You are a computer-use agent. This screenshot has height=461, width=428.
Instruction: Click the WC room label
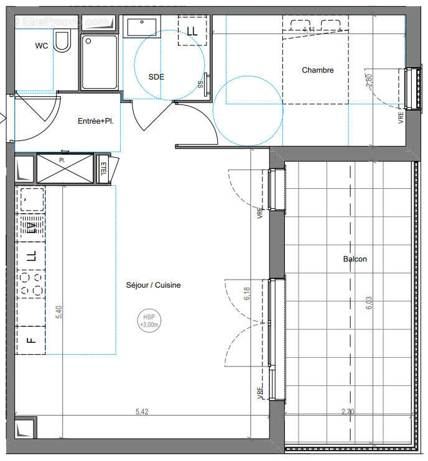[42, 46]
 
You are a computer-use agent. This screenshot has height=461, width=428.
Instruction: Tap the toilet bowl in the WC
[62, 42]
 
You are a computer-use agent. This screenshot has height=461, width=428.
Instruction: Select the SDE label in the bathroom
[156, 76]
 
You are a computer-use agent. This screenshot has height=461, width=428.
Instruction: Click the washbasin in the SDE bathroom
[142, 27]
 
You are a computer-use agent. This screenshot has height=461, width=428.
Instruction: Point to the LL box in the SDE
[192, 30]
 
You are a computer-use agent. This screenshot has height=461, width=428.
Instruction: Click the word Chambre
[317, 70]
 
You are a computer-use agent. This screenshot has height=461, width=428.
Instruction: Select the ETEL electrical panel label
[103, 168]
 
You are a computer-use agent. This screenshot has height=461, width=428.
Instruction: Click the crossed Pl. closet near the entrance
[65, 168]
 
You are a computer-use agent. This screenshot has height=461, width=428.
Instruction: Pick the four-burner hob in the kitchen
[30, 283]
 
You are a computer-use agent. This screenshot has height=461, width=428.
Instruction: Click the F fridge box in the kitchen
[30, 339]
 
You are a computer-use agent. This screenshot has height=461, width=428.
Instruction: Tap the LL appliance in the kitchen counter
[30, 255]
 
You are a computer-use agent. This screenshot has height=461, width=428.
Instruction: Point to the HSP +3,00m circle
[149, 321]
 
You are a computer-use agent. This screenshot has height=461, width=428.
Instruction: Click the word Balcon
[355, 259]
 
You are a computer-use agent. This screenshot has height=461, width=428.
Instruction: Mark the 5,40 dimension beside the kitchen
[58, 313]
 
